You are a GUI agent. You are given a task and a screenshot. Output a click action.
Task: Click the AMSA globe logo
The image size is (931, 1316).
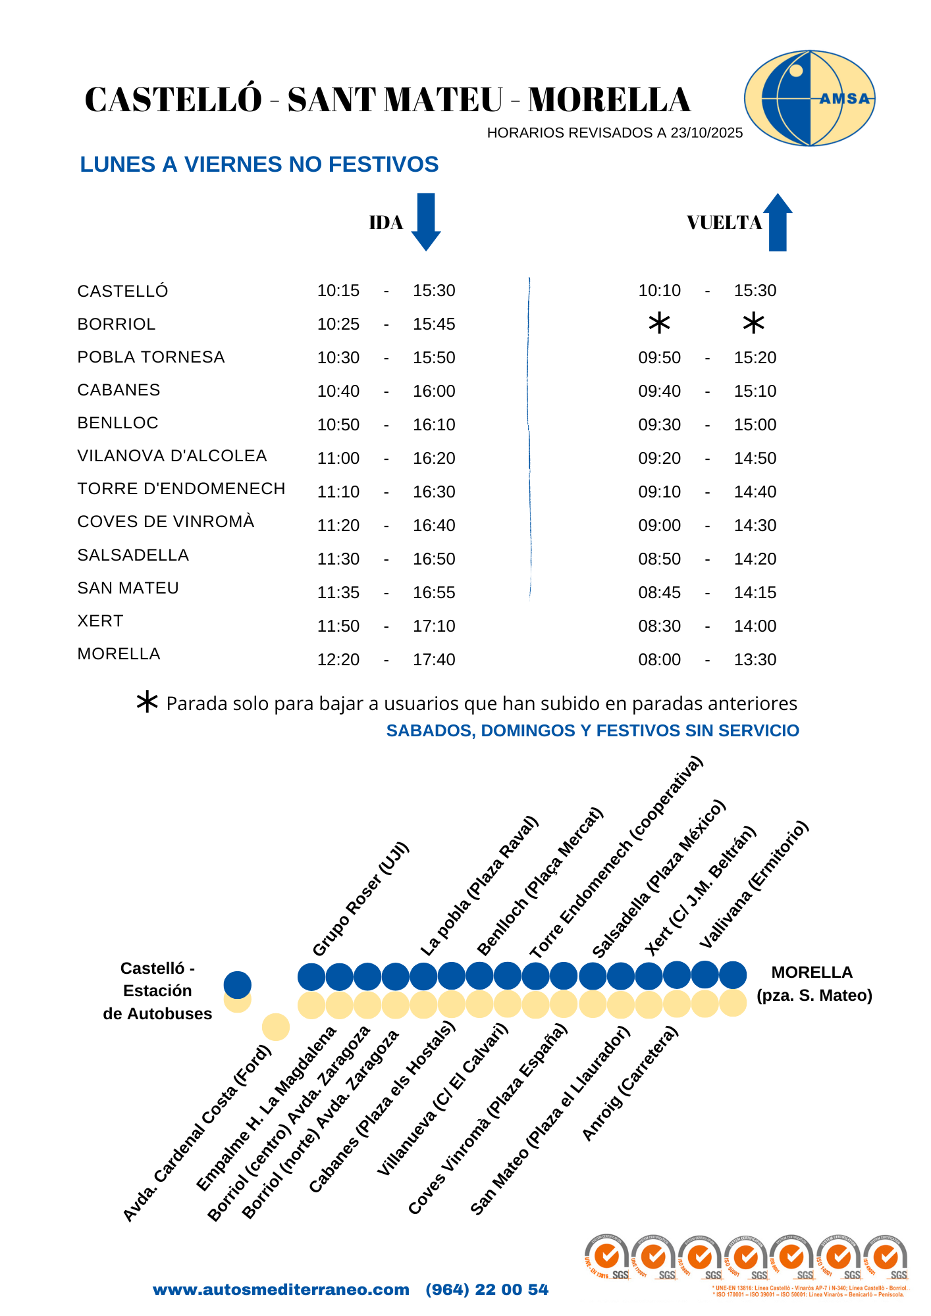pyautogui.click(x=809, y=99)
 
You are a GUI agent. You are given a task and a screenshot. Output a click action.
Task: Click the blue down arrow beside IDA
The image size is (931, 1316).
pyautogui.click(x=426, y=222)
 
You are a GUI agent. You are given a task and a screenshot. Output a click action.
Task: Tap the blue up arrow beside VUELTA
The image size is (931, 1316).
pyautogui.click(x=778, y=222)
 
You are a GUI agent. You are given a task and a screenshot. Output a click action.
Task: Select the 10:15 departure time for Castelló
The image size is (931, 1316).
pyautogui.click(x=338, y=291)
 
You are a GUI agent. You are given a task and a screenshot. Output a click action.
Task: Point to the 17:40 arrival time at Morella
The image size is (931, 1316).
pyautogui.click(x=434, y=659)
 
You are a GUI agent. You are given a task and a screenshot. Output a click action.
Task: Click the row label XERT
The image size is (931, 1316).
pyautogui.click(x=100, y=621)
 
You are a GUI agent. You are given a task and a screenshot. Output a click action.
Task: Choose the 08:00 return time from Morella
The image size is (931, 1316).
pyautogui.click(x=659, y=659)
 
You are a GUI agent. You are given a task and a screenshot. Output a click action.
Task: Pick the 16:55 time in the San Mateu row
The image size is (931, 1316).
pyautogui.click(x=434, y=592)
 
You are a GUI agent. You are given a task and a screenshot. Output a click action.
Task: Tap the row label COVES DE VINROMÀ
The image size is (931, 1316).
pyautogui.click(x=166, y=522)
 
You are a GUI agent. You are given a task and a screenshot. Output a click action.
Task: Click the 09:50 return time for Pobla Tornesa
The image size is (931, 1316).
pyautogui.click(x=659, y=358)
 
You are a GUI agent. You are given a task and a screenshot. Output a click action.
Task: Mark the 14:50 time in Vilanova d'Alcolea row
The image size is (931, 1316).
pyautogui.click(x=755, y=459)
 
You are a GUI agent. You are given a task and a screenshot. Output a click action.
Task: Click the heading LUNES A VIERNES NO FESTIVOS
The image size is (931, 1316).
pyautogui.click(x=259, y=164)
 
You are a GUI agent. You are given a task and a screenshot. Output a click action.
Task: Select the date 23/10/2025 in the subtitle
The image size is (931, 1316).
pyautogui.click(x=706, y=133)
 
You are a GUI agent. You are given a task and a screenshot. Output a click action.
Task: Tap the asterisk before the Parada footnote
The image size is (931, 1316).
pyautogui.click(x=147, y=703)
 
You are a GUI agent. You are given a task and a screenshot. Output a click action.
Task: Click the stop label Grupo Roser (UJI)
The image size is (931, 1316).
pyautogui.click(x=361, y=899)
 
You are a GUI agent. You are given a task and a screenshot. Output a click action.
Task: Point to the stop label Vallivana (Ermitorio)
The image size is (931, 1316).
pyautogui.click(x=753, y=885)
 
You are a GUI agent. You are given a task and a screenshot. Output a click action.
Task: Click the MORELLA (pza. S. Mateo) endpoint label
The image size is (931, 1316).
pyautogui.click(x=814, y=984)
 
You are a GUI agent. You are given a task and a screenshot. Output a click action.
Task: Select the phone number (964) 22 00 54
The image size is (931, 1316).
pyautogui.click(x=487, y=1290)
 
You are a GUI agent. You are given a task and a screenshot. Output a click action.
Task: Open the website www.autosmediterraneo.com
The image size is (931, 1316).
pyautogui.click(x=281, y=1290)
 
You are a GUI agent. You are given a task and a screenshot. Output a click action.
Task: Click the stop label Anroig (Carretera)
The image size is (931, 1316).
pyautogui.click(x=629, y=1084)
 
